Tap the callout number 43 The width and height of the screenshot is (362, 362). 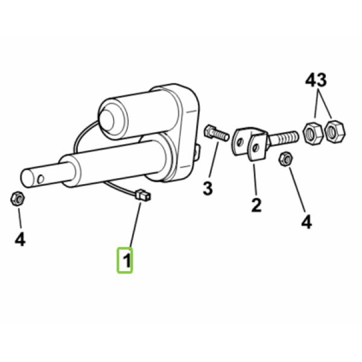coord(316,80)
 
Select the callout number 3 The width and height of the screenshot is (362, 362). coord(208,188)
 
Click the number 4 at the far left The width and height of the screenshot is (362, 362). coord(20,239)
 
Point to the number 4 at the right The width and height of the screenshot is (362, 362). coord(306,221)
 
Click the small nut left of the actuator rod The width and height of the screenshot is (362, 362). coord(17,198)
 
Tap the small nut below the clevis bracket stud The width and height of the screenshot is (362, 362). coord(286,159)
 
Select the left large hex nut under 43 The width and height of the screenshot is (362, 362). coord(313,134)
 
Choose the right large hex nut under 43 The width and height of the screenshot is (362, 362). coord(335,131)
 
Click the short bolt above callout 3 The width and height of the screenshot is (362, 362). coord(217,133)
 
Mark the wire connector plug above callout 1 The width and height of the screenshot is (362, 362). coord(143,195)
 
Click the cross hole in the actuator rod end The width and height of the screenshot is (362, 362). coord(40,179)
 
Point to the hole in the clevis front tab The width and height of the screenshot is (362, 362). coord(255,148)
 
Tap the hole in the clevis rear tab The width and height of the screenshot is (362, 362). coord(240,141)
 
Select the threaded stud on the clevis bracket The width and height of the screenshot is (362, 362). coord(283,138)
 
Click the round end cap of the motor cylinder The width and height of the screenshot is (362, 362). coord(107,121)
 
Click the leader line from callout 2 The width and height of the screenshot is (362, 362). coord(255,180)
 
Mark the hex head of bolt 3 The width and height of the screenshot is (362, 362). coord(209,131)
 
